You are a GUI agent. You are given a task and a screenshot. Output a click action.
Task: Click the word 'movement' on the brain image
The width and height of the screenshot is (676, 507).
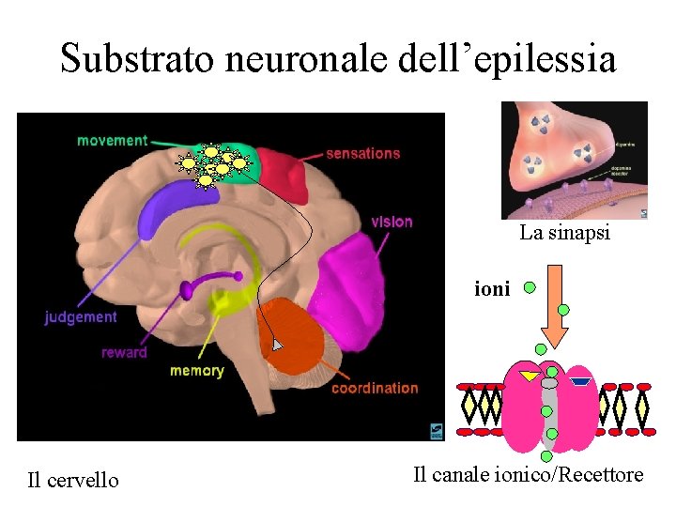coord(112,141)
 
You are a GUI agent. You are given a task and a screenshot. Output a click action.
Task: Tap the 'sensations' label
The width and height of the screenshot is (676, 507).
coord(362,153)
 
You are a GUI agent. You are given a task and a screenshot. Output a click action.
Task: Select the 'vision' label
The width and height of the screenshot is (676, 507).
coord(392,222)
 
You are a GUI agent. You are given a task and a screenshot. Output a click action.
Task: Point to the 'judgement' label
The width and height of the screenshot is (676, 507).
coord(81,317)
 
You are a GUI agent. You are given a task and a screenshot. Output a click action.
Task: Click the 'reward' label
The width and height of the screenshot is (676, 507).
coord(124,353)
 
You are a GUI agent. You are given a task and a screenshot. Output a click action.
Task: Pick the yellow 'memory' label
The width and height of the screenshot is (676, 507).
coord(196,371)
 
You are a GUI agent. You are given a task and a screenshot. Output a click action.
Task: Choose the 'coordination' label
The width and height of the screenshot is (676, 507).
coord(375,388)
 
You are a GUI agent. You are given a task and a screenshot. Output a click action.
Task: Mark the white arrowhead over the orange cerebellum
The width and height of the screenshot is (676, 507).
coord(276,346)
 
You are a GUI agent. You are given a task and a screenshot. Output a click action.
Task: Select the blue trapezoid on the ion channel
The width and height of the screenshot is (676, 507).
coord(580,381)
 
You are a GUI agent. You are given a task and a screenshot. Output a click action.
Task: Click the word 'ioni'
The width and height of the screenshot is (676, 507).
coord(493,289)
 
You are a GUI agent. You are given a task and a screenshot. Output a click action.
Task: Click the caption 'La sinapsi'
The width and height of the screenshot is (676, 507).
coord(564,233)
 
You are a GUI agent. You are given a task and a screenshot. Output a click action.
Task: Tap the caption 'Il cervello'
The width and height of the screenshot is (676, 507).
coord(73,481)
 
